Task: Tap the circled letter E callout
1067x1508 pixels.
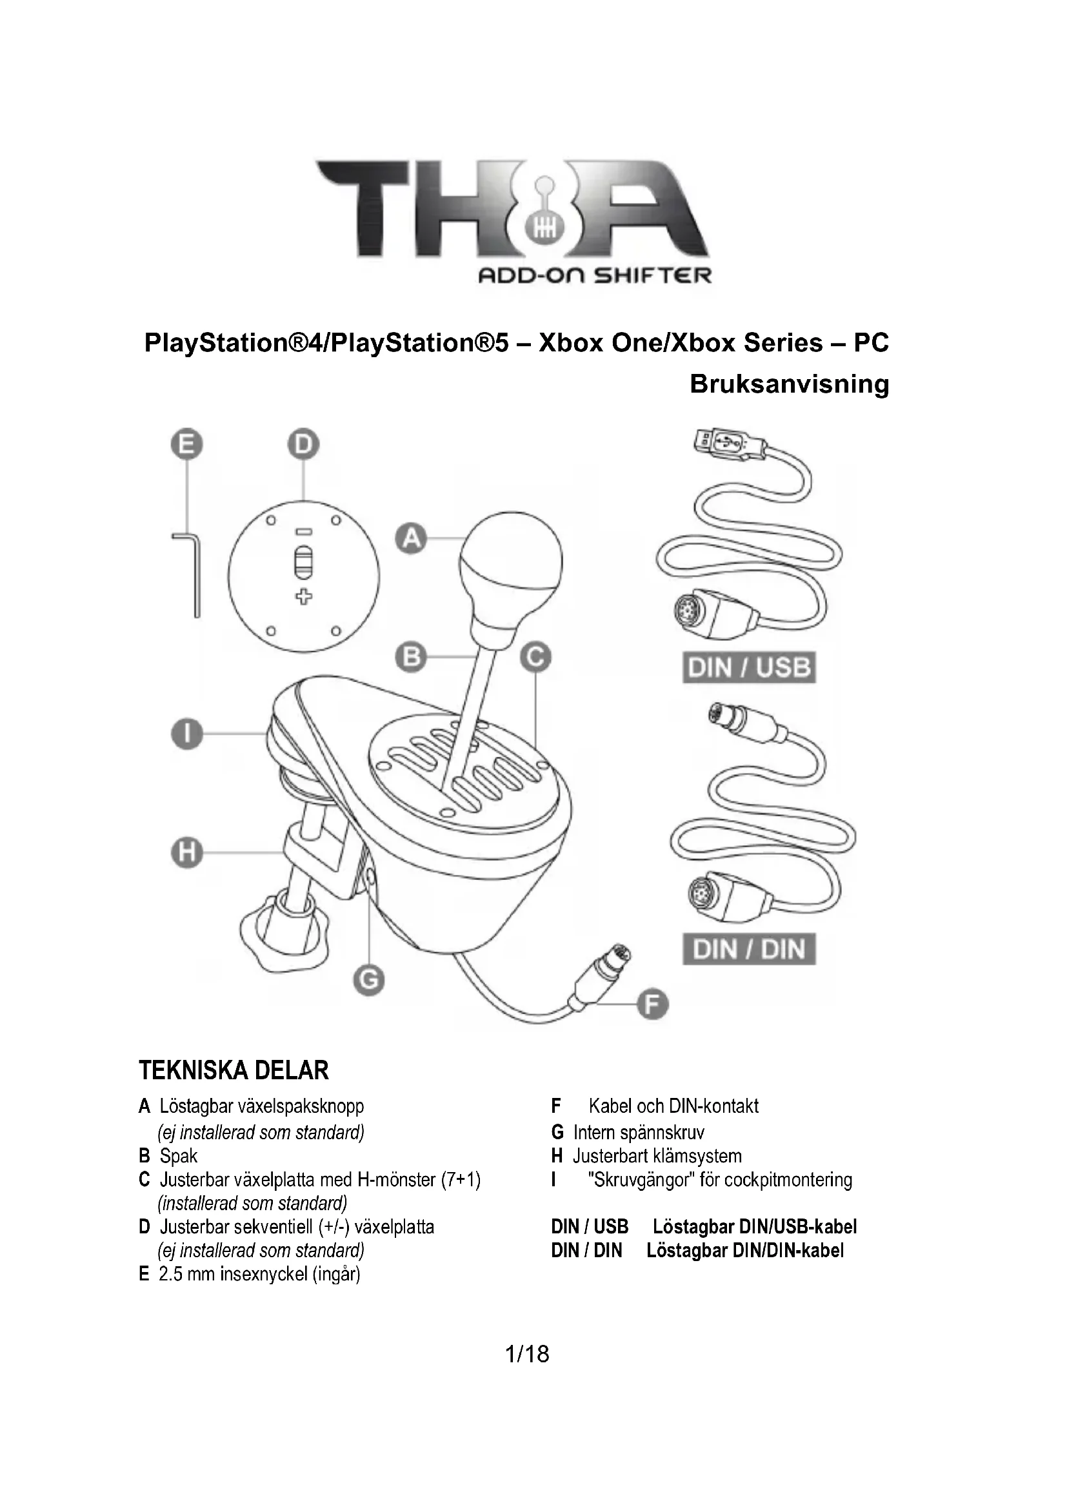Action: pyautogui.click(x=186, y=446)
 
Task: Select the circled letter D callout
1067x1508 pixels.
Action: pyautogui.click(x=303, y=446)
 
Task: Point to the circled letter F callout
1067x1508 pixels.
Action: pyautogui.click(x=652, y=1006)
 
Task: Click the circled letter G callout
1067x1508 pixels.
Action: pyautogui.click(x=368, y=981)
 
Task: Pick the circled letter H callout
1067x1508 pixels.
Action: pyautogui.click(x=186, y=853)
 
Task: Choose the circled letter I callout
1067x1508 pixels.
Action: pyautogui.click(x=186, y=733)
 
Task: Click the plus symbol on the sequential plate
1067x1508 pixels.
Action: pyautogui.click(x=303, y=596)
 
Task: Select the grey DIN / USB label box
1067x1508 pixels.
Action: pyautogui.click(x=749, y=668)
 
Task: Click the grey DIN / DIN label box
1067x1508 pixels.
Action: pyautogui.click(x=749, y=949)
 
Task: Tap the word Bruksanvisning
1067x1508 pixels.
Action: pyautogui.click(x=789, y=384)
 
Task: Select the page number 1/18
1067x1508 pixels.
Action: pyautogui.click(x=527, y=1355)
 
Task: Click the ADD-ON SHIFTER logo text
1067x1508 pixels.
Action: pyautogui.click(x=595, y=275)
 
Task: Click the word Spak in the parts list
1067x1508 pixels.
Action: pyautogui.click(x=178, y=1156)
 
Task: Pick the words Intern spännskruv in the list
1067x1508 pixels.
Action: pyautogui.click(x=638, y=1132)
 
